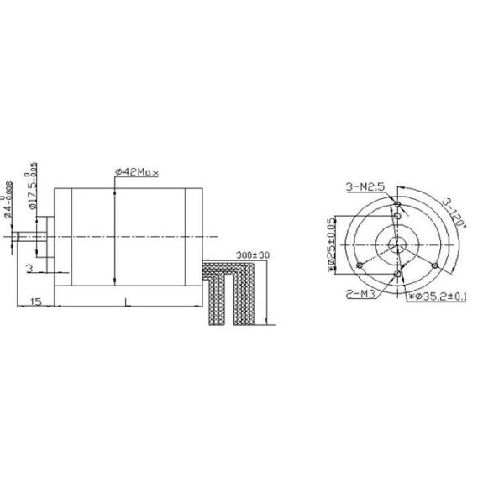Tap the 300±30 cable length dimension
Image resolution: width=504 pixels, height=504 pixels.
(x=249, y=254)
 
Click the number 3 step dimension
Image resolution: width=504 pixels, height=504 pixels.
(x=29, y=268)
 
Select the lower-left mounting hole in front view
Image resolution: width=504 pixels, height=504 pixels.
(x=360, y=265)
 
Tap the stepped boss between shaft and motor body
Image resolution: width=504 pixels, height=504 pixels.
(x=49, y=238)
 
